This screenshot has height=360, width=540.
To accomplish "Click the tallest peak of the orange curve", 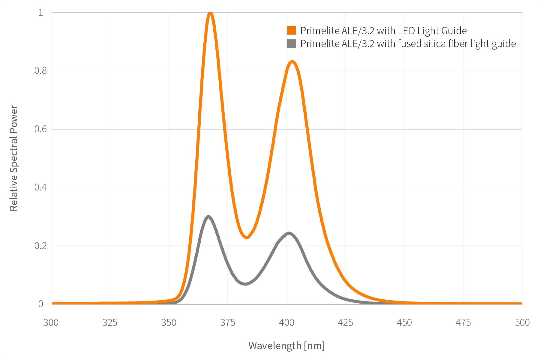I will point(210,14).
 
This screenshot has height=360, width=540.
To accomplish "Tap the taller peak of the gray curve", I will point(208,216).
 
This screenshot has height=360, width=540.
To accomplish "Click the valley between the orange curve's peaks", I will point(247,238).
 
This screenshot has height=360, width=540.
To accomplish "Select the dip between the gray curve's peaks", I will point(245,283).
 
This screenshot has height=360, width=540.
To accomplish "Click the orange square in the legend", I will point(292,31).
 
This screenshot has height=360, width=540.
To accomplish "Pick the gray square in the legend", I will point(292,44).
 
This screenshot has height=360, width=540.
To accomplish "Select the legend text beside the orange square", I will point(383,31).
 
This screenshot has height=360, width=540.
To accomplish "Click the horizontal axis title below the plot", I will point(286,346).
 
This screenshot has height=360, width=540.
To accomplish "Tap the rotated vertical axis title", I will point(15,158).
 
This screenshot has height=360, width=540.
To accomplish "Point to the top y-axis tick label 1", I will point(41,13).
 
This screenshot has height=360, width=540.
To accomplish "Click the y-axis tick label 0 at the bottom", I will point(41,304).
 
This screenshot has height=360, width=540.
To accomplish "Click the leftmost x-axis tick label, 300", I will point(52,322).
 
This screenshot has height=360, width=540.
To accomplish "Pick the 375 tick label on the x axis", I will point(228,322).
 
